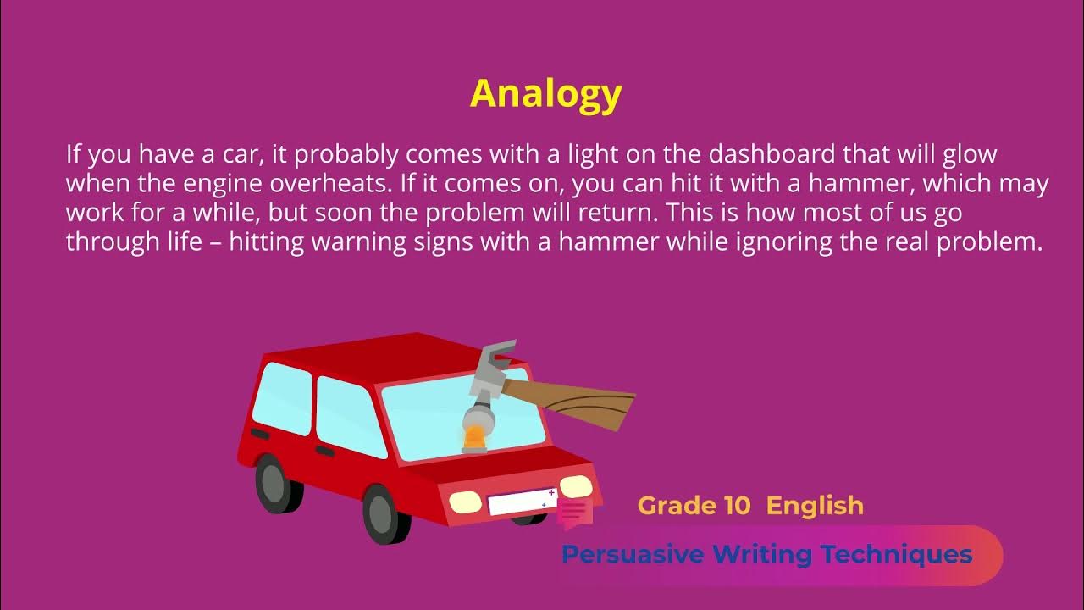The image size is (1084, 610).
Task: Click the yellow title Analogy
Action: point(545,93)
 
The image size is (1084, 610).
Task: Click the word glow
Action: point(968,155)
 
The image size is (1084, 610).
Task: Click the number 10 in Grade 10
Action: point(737,506)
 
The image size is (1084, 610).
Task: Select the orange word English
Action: point(815,506)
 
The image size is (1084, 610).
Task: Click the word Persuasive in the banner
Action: point(633,555)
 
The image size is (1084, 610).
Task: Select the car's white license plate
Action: point(520,502)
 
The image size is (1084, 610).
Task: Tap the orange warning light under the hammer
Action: point(474,438)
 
